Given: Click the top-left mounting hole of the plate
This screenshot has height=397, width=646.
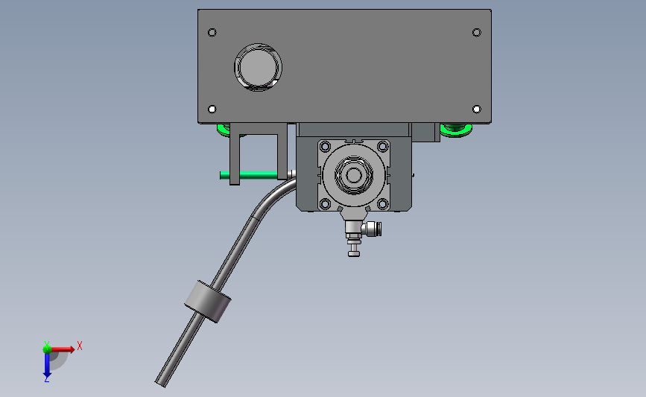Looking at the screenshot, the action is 212,33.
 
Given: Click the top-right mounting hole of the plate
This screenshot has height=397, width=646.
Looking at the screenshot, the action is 477,33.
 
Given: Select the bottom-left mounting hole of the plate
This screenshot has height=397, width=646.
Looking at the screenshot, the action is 212,109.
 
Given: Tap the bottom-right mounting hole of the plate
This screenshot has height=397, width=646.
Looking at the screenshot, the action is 477,109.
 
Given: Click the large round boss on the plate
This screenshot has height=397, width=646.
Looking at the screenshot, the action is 259,67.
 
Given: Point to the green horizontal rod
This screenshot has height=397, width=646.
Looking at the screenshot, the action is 249,175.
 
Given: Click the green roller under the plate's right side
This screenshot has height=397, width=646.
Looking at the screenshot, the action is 456,130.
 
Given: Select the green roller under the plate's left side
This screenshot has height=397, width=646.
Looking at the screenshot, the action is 224,130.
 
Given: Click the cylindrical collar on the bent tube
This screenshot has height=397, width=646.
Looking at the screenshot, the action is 207,301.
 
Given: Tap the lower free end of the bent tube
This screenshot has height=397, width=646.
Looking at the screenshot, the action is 160,383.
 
